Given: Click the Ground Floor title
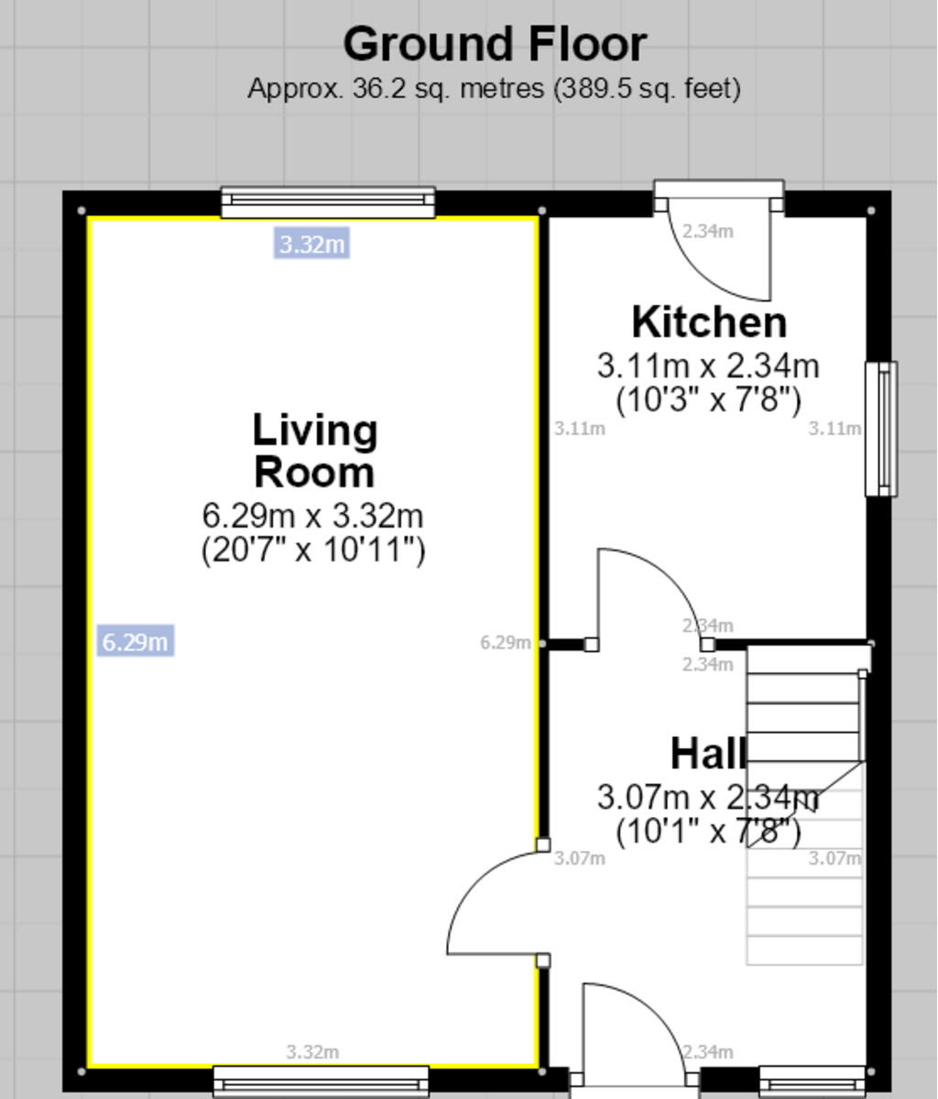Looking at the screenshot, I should [495, 44].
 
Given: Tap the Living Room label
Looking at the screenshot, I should [314, 452].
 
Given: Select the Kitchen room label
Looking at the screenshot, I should [709, 322].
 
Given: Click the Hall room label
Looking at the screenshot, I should [708, 754].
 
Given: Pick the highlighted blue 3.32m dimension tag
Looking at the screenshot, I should [311, 245].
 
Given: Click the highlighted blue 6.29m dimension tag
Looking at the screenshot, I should [136, 641].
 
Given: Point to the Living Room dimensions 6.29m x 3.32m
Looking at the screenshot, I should [312, 515].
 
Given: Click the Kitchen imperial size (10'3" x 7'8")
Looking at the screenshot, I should [708, 400].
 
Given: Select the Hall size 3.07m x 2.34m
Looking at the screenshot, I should [707, 797].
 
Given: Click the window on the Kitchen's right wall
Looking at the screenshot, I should [881, 429].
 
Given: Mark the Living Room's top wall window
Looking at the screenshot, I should [328, 202].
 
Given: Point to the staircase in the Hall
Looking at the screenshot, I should [805, 806].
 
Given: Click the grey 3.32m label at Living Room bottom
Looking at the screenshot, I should [312, 1052].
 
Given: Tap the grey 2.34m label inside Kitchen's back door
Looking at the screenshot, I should [707, 232].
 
